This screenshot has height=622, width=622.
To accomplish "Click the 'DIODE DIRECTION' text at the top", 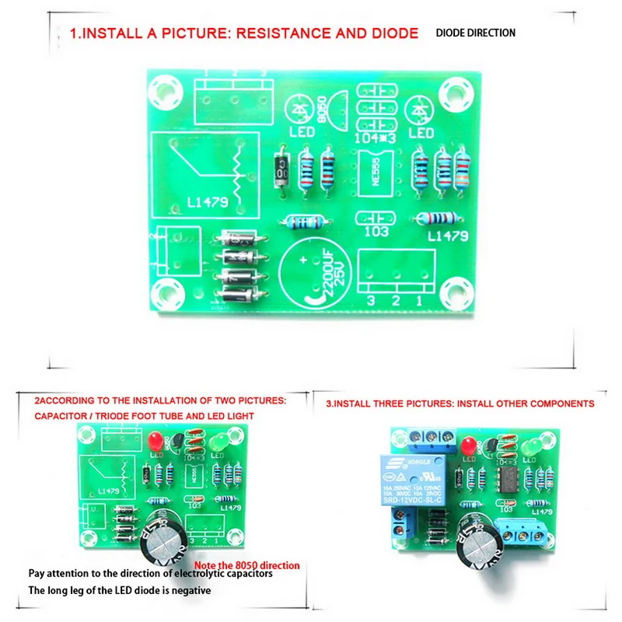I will pyautogui.click(x=475, y=33).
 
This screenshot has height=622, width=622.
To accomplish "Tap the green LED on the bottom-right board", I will pyautogui.click(x=534, y=450).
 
